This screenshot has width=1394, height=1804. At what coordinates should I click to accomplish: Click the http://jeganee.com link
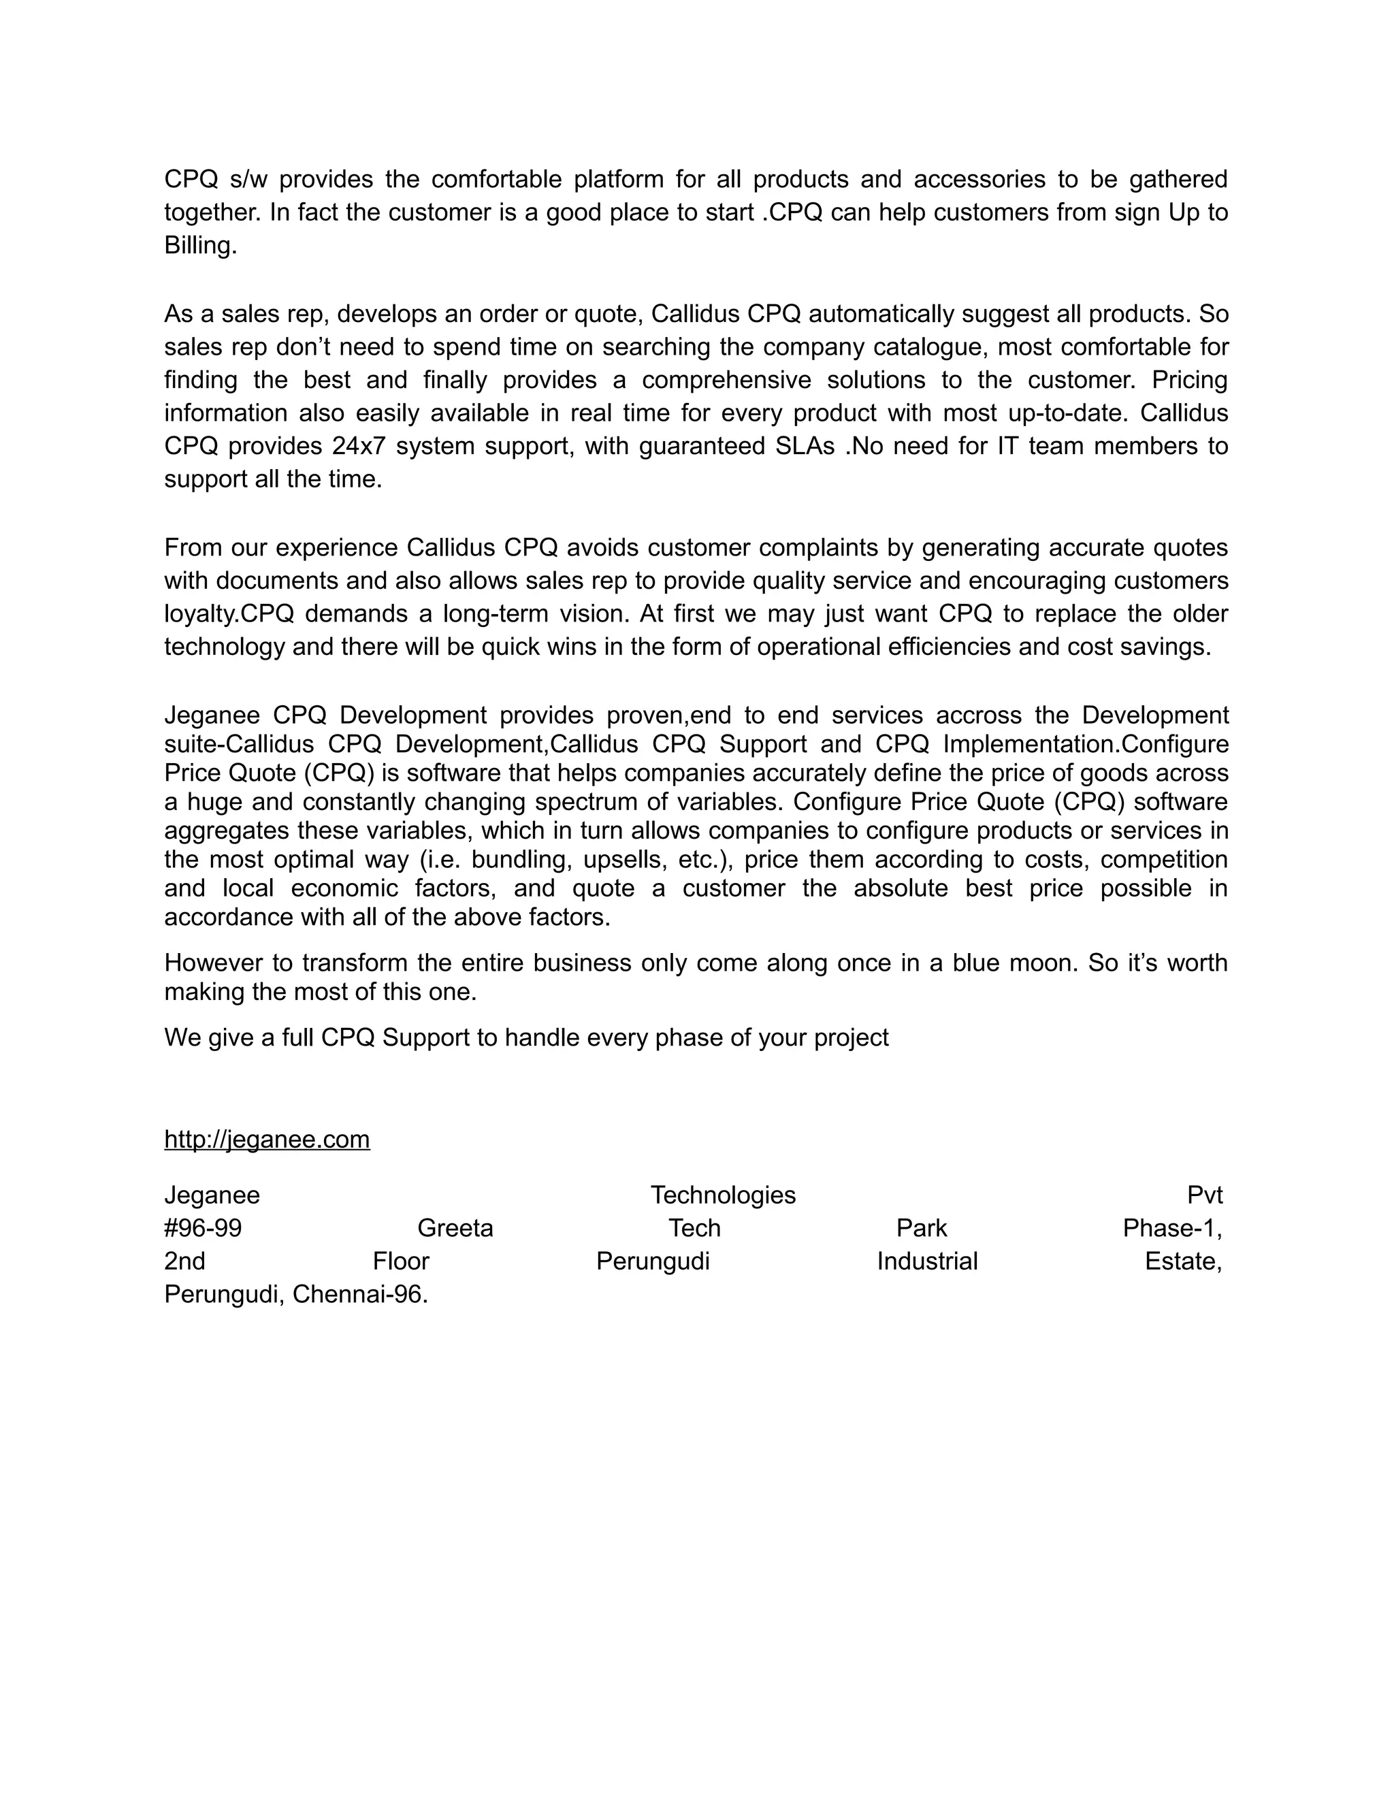pos(267,1139)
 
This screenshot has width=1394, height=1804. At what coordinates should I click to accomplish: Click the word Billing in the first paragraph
pos(199,245)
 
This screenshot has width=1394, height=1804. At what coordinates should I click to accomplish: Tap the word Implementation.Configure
pos(1085,743)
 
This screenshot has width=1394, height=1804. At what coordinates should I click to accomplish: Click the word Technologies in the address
pos(723,1195)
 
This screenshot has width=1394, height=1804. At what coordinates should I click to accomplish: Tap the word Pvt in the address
pos(1204,1195)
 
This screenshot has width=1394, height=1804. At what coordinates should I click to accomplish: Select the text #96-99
pos(203,1228)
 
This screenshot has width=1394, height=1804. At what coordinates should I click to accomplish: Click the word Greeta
pos(455,1228)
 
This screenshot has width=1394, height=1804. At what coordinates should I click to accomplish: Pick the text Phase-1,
pos(1172,1228)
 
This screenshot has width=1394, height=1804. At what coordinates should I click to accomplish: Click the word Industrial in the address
pos(926,1261)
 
